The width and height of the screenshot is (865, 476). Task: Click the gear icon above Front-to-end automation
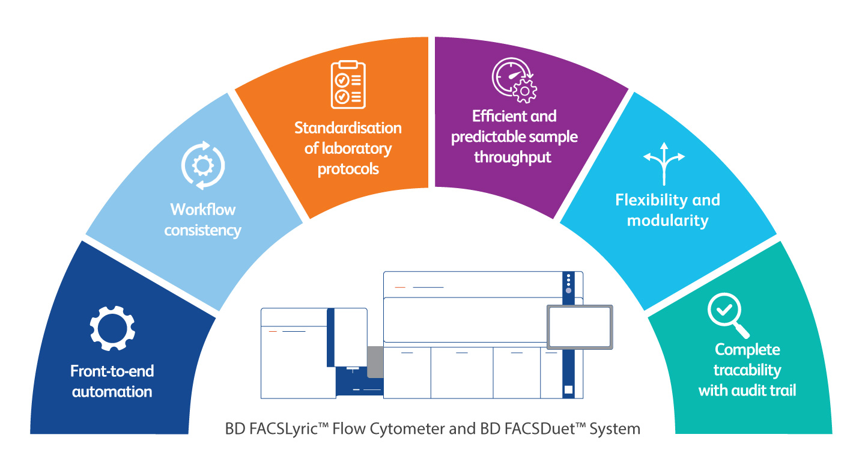(x=112, y=329)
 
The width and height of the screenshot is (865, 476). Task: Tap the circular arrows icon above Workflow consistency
(x=203, y=165)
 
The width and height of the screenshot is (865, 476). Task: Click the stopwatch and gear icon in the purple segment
(x=514, y=80)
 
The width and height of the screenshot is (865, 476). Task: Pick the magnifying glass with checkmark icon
(x=728, y=316)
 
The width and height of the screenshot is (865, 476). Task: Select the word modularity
(x=667, y=221)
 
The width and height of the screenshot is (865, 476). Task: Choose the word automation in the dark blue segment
(x=112, y=392)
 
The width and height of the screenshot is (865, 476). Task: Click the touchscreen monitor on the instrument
(x=580, y=327)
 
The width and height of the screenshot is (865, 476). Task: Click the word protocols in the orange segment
(x=348, y=169)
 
